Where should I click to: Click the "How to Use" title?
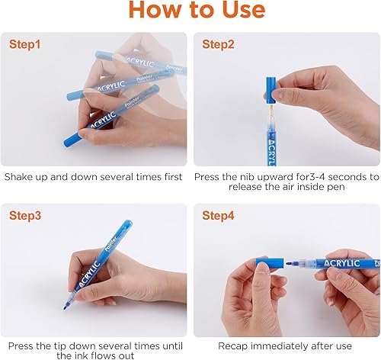(197, 10)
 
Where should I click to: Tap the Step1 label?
(25, 44)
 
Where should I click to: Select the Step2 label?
(218, 44)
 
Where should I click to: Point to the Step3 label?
(25, 216)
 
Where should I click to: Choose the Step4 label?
(218, 216)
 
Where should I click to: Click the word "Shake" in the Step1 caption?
(18, 177)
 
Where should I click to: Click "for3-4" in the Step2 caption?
(312, 177)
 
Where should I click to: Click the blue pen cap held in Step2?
(271, 90)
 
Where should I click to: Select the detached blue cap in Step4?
(270, 262)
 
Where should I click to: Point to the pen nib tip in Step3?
(65, 307)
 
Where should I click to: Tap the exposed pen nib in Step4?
(290, 263)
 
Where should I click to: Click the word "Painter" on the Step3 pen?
(111, 244)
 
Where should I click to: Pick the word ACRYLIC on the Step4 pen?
(342, 263)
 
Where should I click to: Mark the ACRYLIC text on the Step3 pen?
(89, 275)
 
